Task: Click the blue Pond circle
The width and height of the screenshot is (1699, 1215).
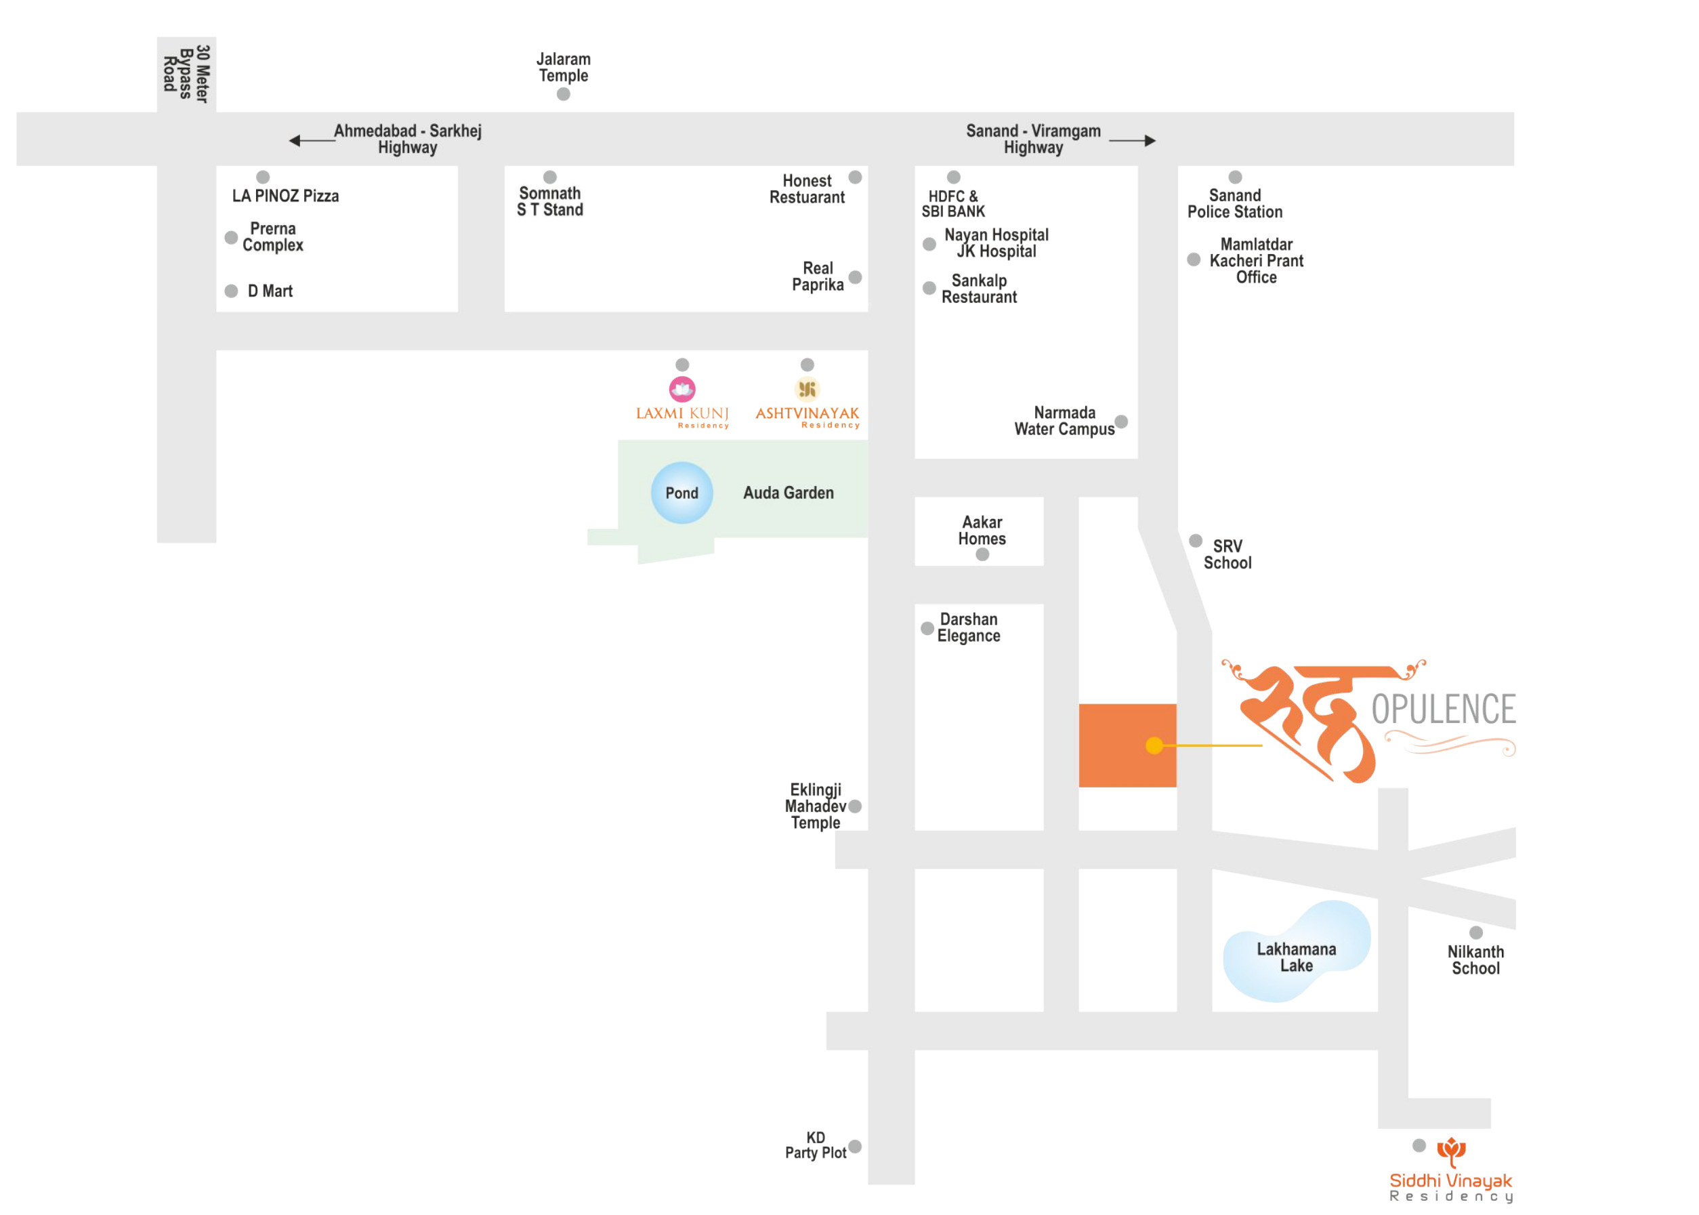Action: [x=681, y=492]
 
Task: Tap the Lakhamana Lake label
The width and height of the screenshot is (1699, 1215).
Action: [x=1295, y=957]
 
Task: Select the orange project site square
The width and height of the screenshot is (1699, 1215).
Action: [x=1127, y=745]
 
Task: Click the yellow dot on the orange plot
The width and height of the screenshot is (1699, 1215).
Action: [x=1154, y=745]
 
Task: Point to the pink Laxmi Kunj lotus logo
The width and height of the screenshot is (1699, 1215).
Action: [x=681, y=389]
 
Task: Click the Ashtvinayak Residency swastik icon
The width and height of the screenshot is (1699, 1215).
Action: [x=807, y=389]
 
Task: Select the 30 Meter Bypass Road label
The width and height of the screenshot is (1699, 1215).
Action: [x=186, y=73]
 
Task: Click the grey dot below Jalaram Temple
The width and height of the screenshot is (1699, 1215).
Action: [x=563, y=94]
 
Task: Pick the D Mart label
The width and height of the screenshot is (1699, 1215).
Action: [x=270, y=291]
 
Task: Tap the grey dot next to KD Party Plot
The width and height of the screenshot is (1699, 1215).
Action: [x=855, y=1146]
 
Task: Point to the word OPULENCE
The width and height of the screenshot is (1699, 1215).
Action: [x=1442, y=709]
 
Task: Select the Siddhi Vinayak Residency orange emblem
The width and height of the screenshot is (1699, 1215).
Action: [x=1451, y=1151]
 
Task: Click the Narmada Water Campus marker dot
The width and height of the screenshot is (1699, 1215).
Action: [x=1121, y=421]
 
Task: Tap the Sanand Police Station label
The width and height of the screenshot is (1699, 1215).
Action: [x=1234, y=203]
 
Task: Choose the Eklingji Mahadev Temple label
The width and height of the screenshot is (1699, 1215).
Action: [x=815, y=806]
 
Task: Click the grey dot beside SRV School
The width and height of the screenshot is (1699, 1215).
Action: [x=1195, y=541]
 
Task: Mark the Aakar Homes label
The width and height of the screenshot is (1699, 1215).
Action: [x=982, y=530]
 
